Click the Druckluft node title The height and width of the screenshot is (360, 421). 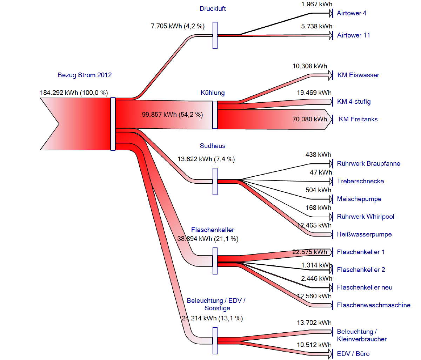213,9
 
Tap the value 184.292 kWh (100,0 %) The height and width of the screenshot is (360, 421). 74,93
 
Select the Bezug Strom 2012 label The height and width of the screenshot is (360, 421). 85,75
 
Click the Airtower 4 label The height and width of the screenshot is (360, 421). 352,13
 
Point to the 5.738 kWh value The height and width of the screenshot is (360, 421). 316,26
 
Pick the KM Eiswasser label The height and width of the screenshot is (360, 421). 358,75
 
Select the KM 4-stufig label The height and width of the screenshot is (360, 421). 354,102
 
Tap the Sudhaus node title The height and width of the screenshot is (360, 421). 213,146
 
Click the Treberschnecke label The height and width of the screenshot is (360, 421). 360,181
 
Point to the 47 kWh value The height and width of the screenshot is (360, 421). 321,172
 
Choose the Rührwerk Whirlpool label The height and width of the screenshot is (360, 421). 365,217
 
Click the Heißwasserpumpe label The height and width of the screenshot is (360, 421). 364,235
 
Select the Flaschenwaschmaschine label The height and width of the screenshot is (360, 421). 374,305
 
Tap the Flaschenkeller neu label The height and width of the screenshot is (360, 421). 365,287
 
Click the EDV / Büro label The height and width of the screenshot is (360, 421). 353,354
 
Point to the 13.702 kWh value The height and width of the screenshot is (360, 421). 314,323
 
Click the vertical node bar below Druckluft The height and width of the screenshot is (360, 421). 215,35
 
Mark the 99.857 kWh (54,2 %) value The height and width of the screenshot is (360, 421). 172,115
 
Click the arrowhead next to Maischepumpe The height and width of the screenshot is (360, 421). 331,199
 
